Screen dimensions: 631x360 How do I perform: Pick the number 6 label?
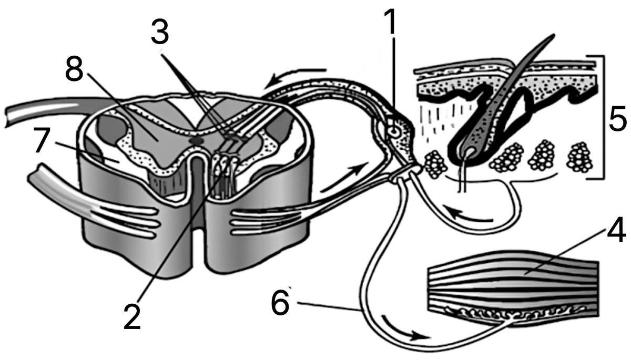pyautogui.click(x=280, y=303)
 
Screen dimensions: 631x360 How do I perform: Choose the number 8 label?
pyautogui.click(x=74, y=68)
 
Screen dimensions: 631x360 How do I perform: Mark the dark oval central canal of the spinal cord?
pyautogui.click(x=196, y=140)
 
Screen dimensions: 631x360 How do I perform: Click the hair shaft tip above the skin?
pyautogui.click(x=553, y=36)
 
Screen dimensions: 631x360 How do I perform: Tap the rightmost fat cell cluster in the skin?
pyautogui.click(x=579, y=157)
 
